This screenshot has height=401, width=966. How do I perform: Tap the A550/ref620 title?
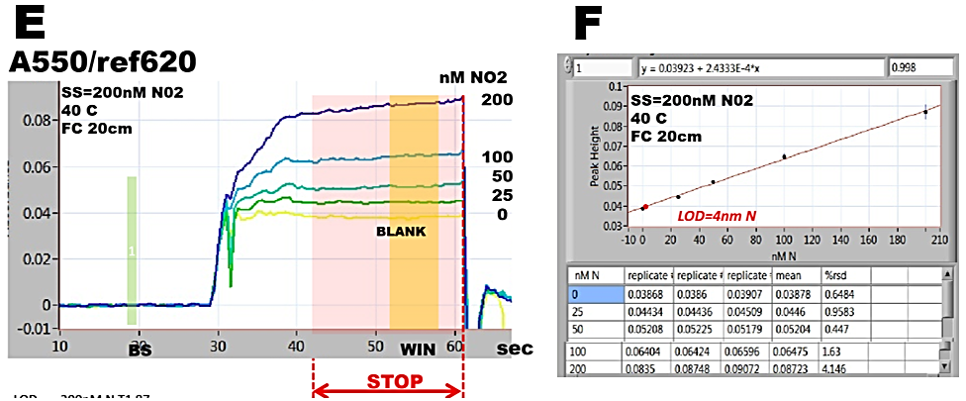102,61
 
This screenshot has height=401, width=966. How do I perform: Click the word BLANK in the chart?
400,231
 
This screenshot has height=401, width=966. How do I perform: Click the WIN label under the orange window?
417,350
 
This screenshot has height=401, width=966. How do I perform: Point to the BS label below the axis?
138,350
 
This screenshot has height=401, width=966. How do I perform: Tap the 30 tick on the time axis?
217,344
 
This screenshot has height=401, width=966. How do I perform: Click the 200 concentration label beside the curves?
497,100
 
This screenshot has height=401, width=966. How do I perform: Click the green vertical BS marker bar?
131,251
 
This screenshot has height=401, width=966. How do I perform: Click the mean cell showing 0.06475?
796,351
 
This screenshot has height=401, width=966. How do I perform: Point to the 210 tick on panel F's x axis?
938,239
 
